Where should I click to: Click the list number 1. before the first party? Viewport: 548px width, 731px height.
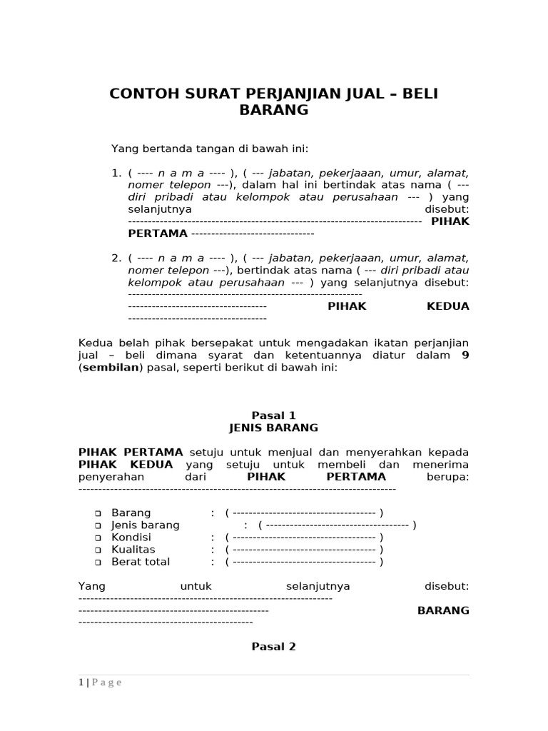coord(117,173)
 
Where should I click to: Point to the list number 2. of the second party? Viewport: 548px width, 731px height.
coord(117,258)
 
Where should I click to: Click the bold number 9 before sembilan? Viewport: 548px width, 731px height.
coord(465,355)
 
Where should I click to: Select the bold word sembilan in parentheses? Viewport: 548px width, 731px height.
coord(111,367)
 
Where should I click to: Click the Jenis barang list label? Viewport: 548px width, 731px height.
coord(146,525)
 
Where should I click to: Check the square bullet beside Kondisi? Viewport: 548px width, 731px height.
coord(98,538)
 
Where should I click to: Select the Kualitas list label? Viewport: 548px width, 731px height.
coord(133,549)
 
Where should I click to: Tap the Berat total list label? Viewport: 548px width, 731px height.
coord(141,561)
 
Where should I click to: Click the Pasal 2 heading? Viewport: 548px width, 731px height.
coord(273,647)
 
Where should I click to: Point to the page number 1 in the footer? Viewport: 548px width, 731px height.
coord(81,682)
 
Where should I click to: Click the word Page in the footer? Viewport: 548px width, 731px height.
coord(107,682)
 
